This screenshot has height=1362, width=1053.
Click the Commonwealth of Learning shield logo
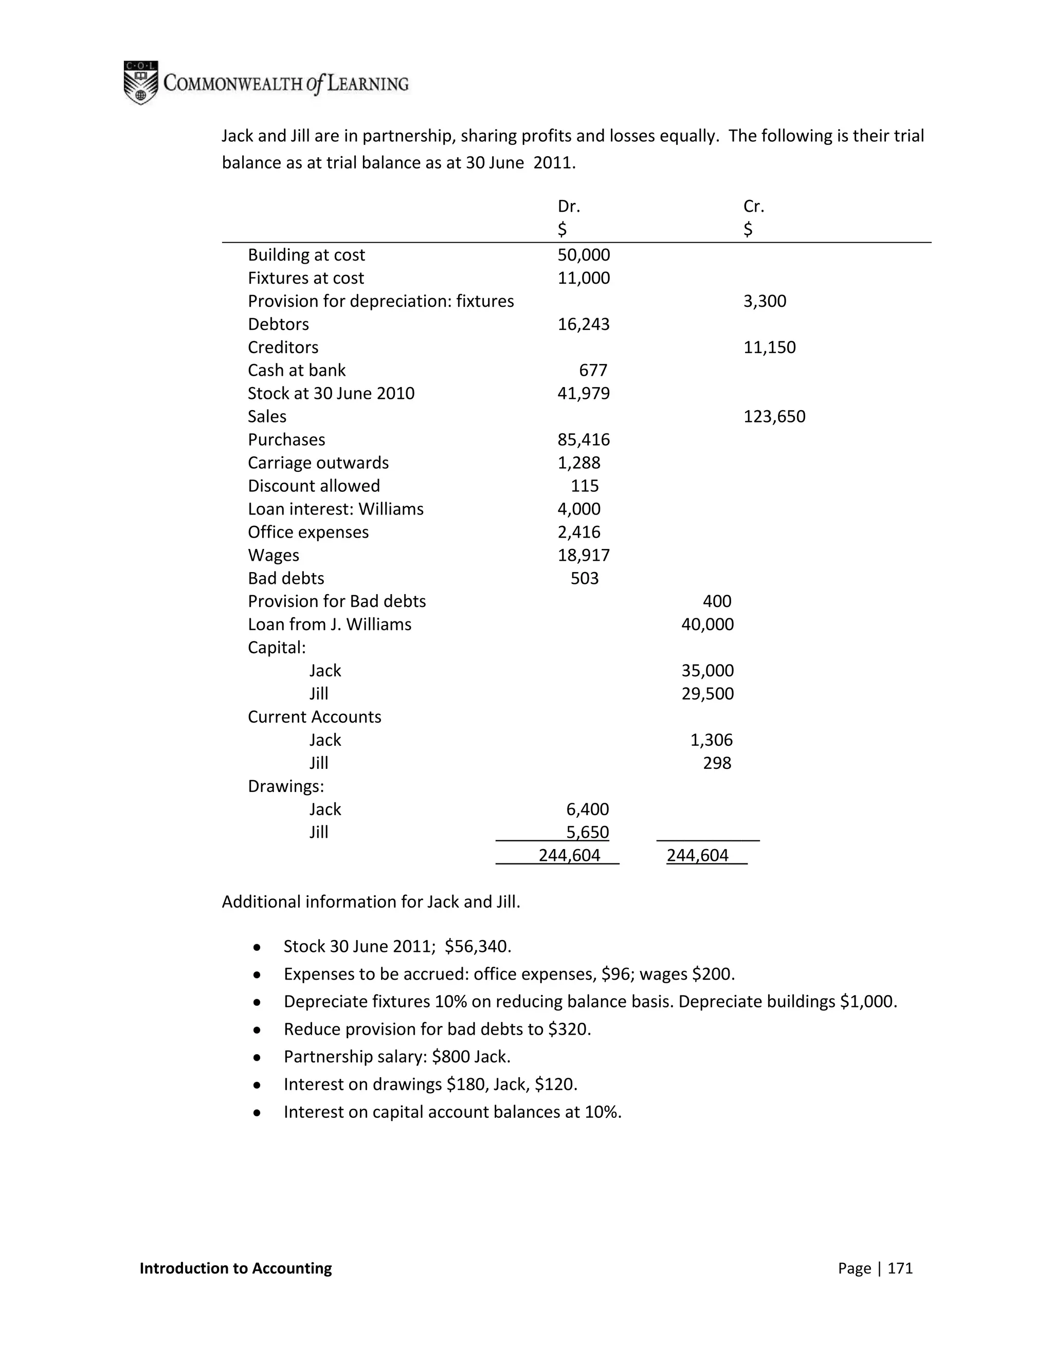click(x=140, y=82)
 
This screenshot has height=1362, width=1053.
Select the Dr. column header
click(x=568, y=207)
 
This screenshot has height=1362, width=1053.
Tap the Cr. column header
click(x=754, y=207)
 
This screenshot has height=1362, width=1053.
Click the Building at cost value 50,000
click(x=583, y=255)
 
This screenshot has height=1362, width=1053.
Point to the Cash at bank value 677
click(x=593, y=371)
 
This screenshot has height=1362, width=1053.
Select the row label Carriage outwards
click(x=318, y=463)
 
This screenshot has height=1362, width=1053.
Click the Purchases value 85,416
click(x=583, y=439)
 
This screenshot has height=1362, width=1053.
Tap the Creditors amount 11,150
click(x=769, y=347)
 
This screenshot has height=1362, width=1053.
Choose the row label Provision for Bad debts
click(x=337, y=601)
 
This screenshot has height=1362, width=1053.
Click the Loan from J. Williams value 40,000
click(x=707, y=624)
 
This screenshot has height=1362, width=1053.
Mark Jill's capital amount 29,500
click(x=707, y=693)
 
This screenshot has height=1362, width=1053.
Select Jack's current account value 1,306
click(x=711, y=740)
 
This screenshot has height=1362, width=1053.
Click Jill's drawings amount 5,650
click(x=587, y=832)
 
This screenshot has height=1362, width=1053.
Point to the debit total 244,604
click(x=569, y=855)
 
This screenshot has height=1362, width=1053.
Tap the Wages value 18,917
click(x=583, y=555)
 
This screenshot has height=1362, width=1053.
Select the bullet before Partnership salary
click(x=257, y=1057)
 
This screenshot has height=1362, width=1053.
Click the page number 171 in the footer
click(x=900, y=1268)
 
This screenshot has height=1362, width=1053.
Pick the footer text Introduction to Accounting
click(x=236, y=1268)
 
